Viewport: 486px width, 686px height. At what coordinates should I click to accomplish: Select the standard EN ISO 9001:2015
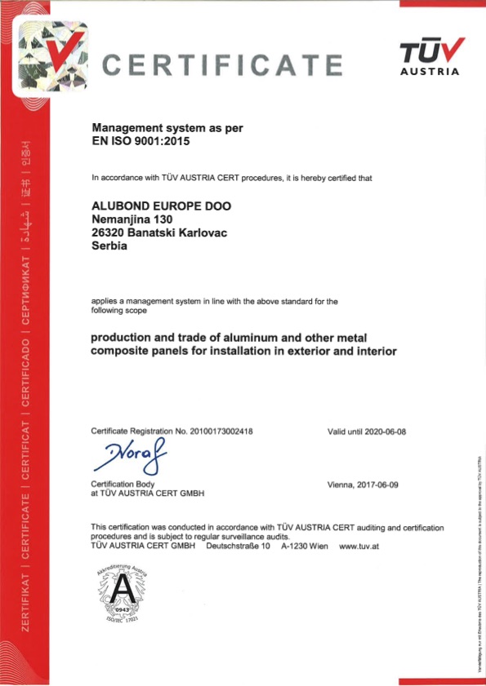pos(145,141)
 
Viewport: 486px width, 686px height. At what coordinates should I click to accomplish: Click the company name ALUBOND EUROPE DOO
pos(162,206)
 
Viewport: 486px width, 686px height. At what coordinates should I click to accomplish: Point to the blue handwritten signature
pos(135,457)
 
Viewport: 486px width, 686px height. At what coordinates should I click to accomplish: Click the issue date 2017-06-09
pos(379,485)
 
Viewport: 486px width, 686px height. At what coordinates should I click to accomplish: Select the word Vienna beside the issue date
pos(340,485)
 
